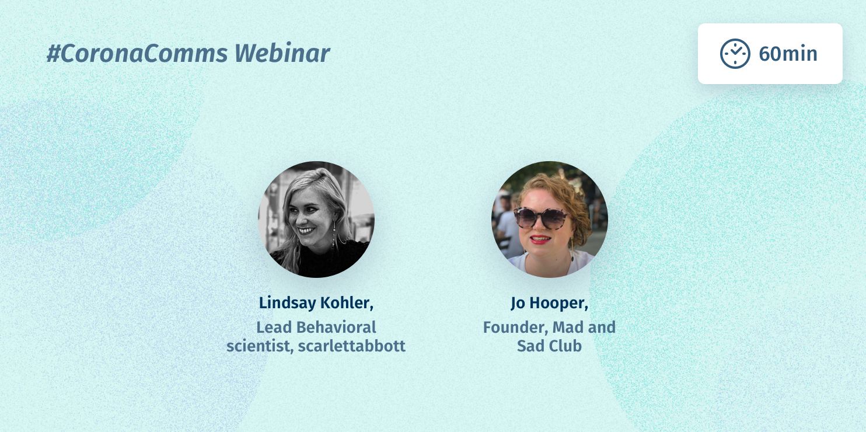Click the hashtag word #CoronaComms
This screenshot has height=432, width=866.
(x=137, y=54)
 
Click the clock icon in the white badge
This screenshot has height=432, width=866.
(x=735, y=54)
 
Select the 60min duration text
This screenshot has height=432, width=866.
(x=788, y=54)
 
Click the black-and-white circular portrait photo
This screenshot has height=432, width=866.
(x=316, y=219)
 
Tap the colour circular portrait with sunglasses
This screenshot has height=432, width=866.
(x=549, y=219)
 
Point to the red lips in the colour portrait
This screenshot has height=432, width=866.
(x=540, y=239)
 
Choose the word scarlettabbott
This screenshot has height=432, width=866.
(x=351, y=346)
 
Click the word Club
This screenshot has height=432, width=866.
(x=565, y=346)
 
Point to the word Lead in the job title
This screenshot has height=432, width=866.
(x=274, y=327)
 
